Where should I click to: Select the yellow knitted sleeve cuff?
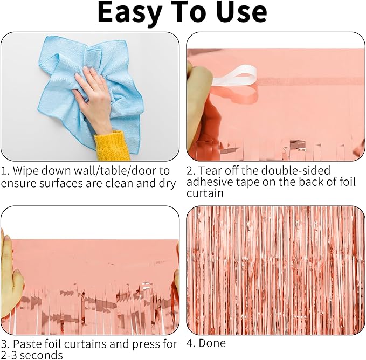tap(112, 146)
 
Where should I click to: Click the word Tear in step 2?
tap(210, 170)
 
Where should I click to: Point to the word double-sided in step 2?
tap(296, 170)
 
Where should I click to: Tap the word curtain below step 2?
tap(205, 193)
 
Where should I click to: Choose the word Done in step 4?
tap(212, 343)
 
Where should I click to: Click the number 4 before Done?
tap(190, 343)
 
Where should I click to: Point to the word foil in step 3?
tap(53, 344)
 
